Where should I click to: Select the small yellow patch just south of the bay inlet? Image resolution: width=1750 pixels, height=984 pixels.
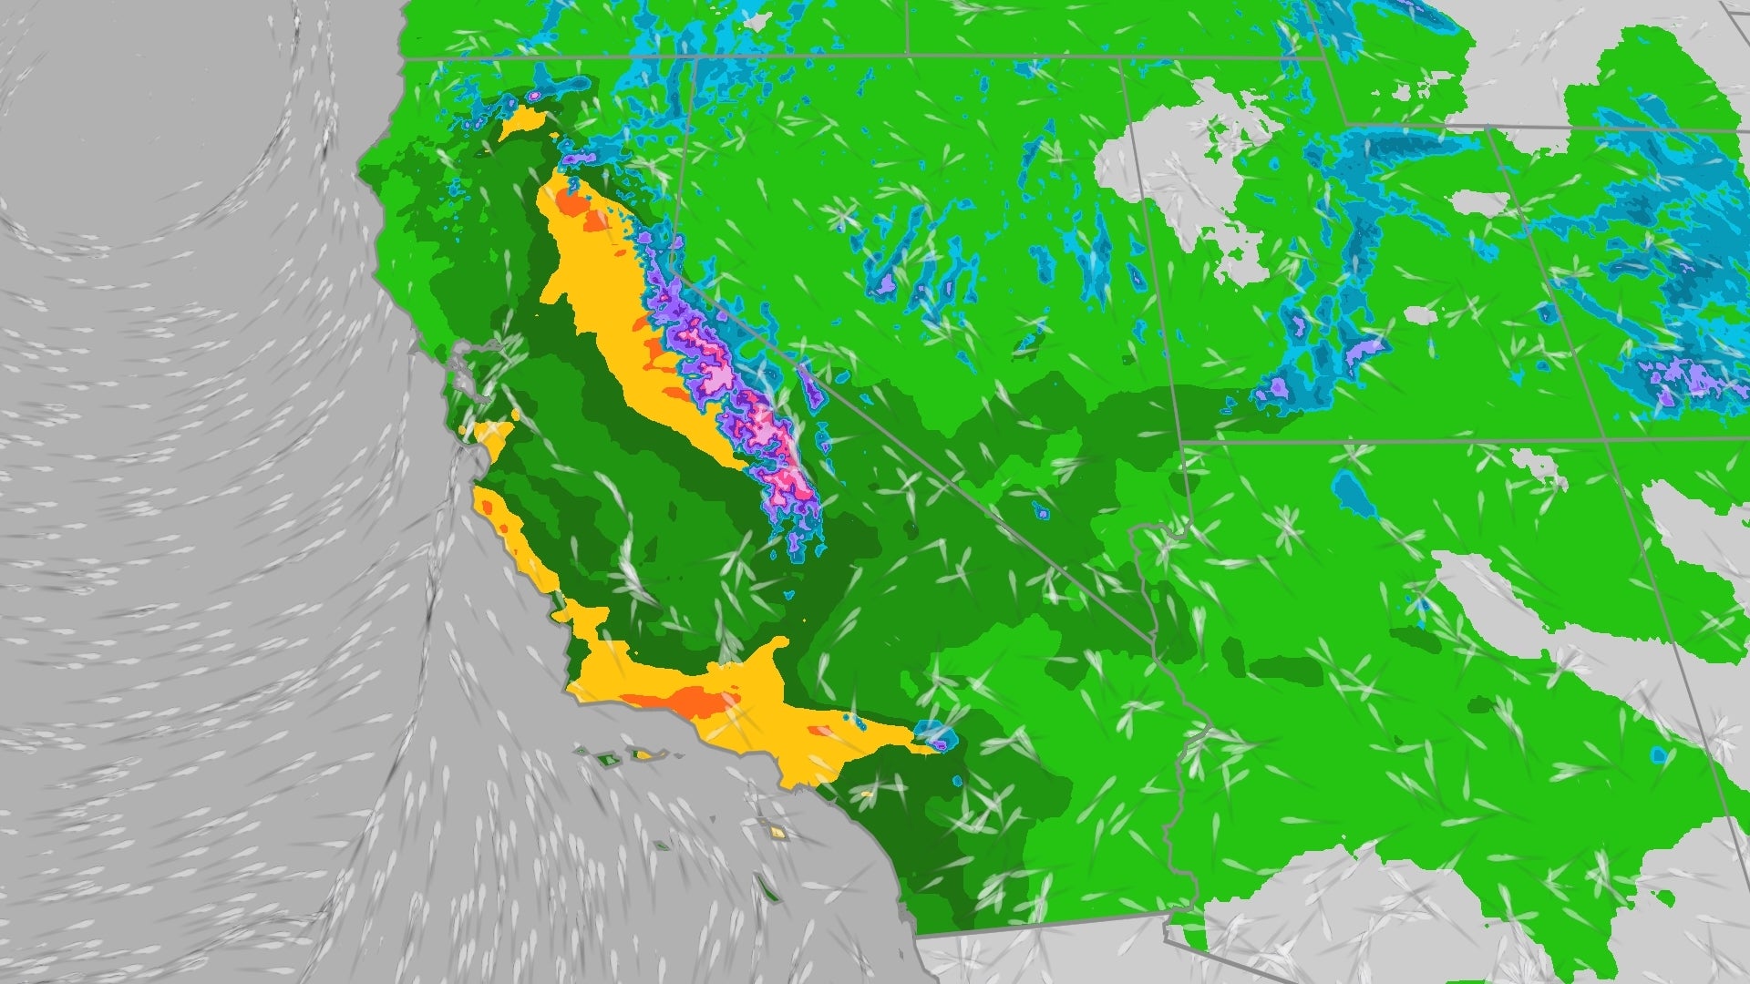[x=493, y=438]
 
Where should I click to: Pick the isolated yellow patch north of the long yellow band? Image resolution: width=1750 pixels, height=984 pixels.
[x=528, y=122]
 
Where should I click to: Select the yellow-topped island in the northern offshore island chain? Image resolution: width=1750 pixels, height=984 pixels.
[x=643, y=754]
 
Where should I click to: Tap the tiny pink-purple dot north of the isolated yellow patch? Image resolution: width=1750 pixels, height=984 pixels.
[x=532, y=95]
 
